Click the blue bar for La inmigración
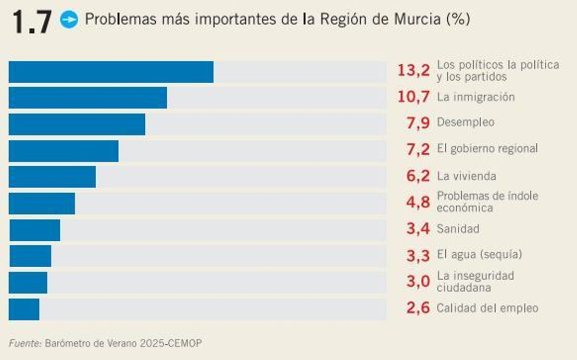pos(88,98)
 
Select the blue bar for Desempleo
pos(77,124)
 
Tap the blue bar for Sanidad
pos(35,230)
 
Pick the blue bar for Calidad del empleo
pos(24,309)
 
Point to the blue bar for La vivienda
pos(52,177)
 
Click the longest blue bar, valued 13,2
pos(111,72)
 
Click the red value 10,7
pos(414,97)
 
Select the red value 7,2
pos(418,149)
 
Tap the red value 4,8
pos(418,202)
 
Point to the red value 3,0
pos(418,282)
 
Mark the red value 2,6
pos(418,308)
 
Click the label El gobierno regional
pos(487,149)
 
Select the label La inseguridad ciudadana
pos(475,282)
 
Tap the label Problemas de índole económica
pos(487,202)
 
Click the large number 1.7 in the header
pos(32,22)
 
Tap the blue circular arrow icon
pos(69,20)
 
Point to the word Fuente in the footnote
pos(25,343)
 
